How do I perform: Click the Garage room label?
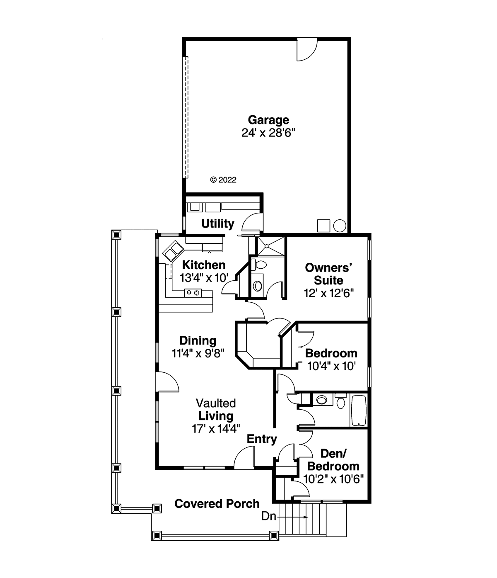(x=268, y=120)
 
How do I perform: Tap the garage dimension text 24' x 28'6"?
(x=268, y=133)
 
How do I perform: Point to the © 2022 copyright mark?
(x=223, y=180)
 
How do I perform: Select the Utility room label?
(x=217, y=223)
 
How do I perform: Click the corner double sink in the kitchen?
(x=173, y=251)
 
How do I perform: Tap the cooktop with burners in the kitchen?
(x=193, y=293)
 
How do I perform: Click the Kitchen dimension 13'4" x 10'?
(x=204, y=278)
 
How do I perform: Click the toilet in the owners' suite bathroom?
(x=258, y=264)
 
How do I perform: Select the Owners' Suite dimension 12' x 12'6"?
(x=328, y=293)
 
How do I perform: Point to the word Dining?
(x=198, y=340)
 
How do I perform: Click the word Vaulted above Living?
(x=216, y=403)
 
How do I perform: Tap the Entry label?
(x=262, y=439)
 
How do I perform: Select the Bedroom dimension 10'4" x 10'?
(x=331, y=366)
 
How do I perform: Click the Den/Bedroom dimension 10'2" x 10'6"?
(x=333, y=479)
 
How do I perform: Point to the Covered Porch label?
(x=217, y=504)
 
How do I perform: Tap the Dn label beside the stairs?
(x=268, y=516)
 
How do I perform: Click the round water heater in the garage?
(x=340, y=226)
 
